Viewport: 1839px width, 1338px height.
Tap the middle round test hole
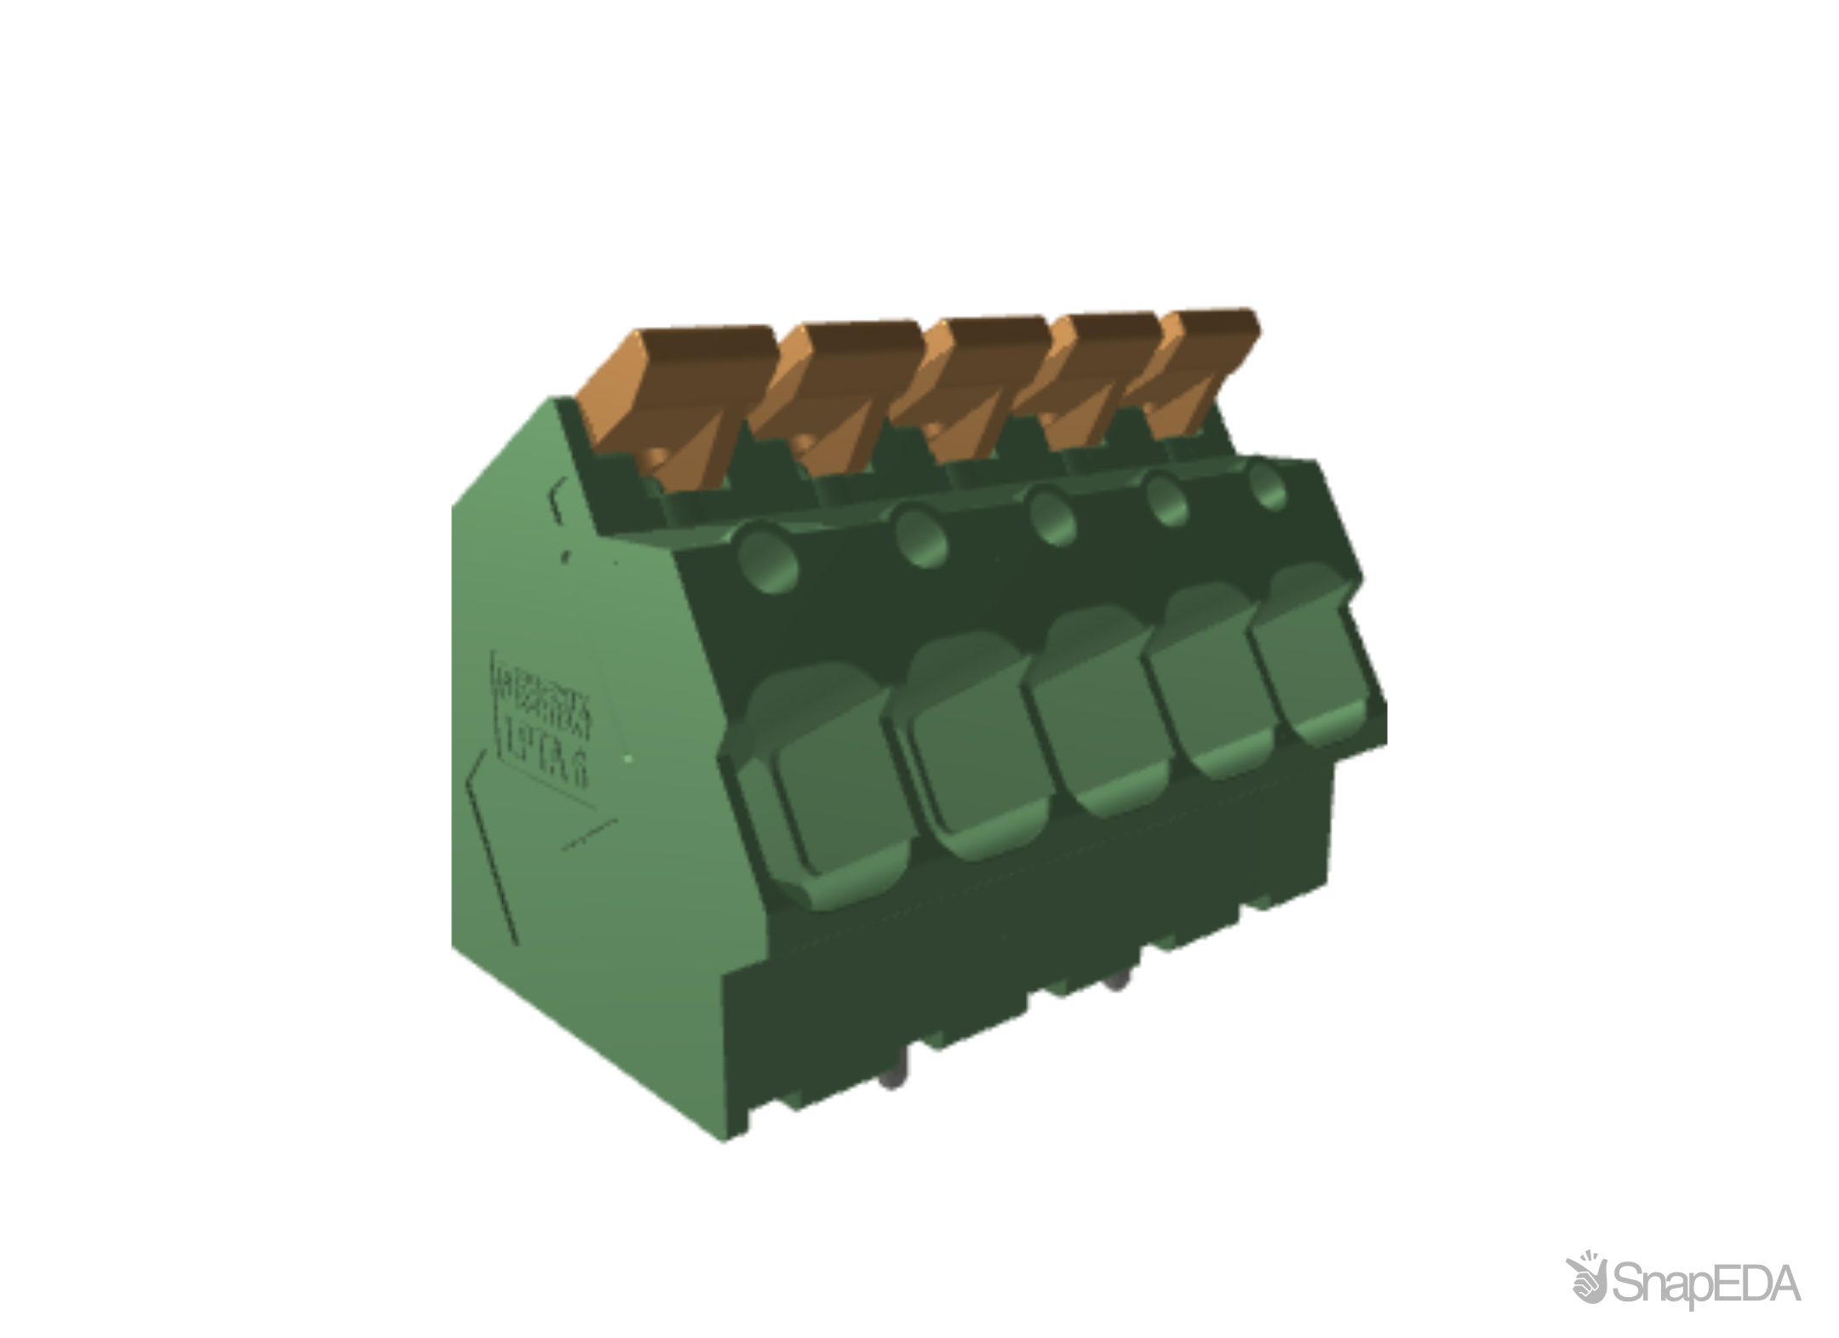(x=1052, y=512)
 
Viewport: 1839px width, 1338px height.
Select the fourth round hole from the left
(x=1167, y=499)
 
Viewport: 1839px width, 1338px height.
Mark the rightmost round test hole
(x=1269, y=485)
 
